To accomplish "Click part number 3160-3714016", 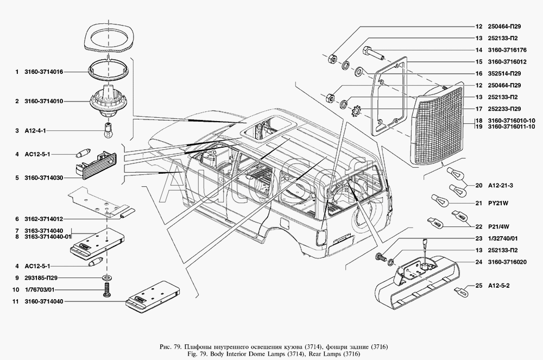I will [44, 72].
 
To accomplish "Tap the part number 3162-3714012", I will [44, 219].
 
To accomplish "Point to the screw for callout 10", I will [107, 292].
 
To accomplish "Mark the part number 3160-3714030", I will [44, 177].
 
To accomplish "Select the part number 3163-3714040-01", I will [48, 237].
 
